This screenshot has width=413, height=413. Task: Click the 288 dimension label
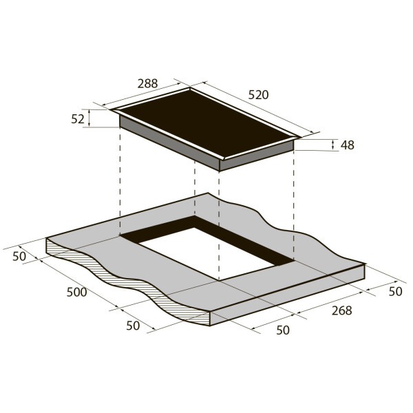(147, 83)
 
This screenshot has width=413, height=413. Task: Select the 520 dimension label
(258, 95)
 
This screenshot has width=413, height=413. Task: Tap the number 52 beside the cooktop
(78, 119)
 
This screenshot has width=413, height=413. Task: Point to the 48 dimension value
(348, 145)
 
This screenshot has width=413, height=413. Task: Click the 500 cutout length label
(76, 292)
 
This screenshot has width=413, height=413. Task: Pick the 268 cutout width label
(341, 310)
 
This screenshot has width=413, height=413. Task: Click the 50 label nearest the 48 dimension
(395, 291)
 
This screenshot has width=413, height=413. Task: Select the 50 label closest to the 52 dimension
(19, 256)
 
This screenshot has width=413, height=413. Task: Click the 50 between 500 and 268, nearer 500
(133, 326)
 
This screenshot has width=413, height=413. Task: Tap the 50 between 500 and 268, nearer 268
(283, 330)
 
